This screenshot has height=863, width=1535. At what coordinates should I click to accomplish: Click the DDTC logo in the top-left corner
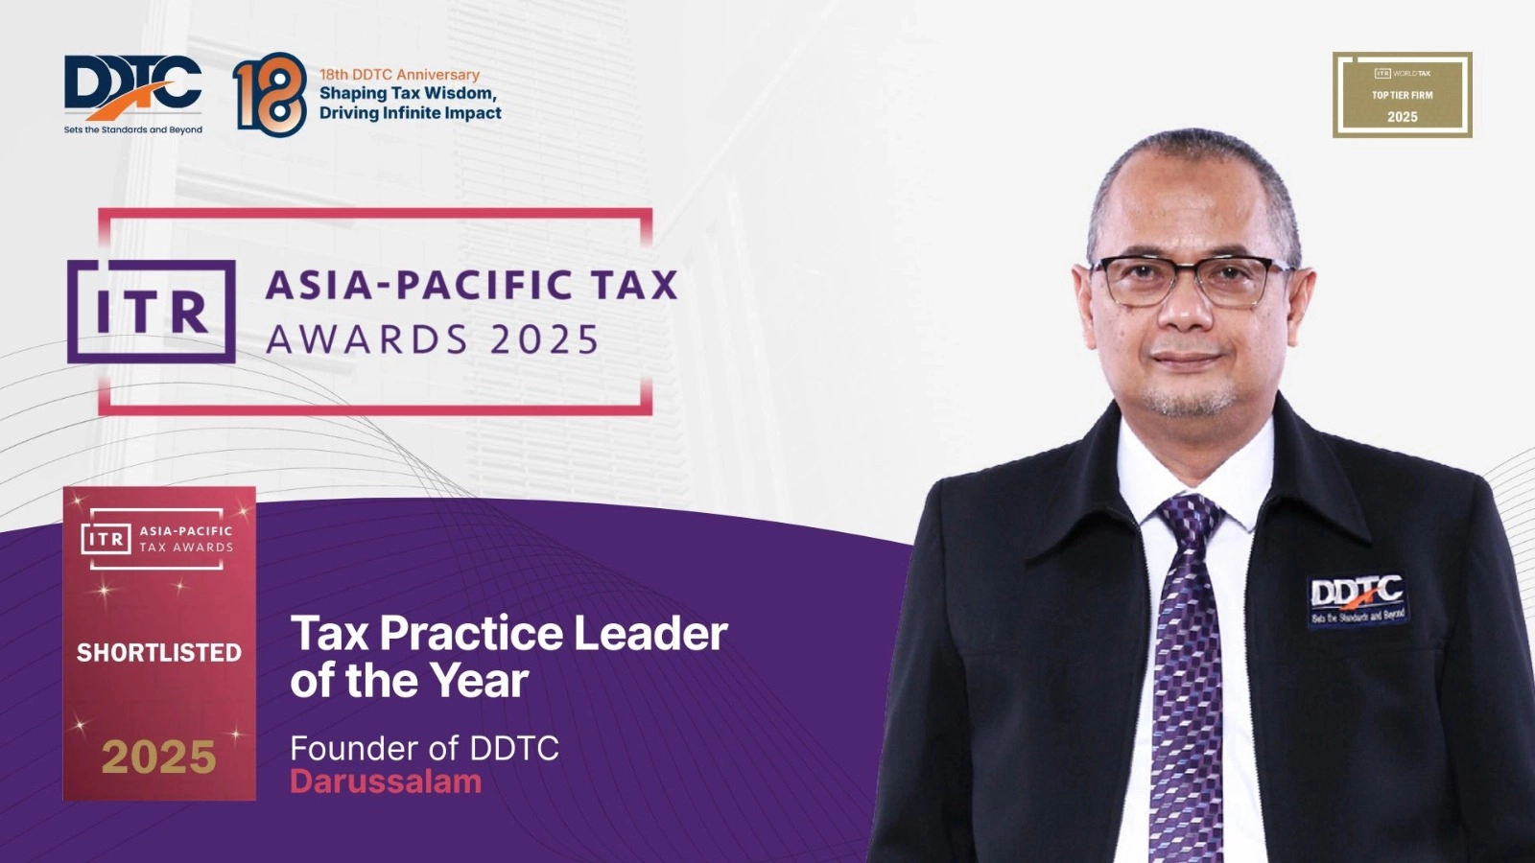(x=132, y=86)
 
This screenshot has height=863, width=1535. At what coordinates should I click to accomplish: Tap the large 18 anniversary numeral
(x=270, y=94)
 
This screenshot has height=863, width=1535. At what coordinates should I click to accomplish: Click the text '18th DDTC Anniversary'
(x=399, y=74)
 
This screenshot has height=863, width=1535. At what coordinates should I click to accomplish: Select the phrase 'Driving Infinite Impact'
(x=410, y=113)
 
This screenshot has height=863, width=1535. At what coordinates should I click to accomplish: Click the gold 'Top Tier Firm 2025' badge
(x=1402, y=95)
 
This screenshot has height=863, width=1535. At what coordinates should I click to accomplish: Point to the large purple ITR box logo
(x=152, y=312)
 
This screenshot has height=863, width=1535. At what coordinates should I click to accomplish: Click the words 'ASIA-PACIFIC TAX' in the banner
(x=471, y=285)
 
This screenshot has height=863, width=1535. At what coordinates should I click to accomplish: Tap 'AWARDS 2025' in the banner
(x=433, y=339)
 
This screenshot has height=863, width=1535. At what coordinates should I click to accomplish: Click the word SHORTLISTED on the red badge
(x=159, y=653)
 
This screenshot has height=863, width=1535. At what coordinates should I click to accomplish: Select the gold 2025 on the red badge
(x=159, y=758)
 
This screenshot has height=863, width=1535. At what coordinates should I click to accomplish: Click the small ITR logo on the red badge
(x=106, y=539)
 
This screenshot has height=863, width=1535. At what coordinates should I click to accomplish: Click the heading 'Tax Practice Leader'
(x=508, y=633)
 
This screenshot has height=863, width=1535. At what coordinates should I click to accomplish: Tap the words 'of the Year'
(x=409, y=681)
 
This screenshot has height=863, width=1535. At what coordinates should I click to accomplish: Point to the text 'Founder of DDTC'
(x=424, y=748)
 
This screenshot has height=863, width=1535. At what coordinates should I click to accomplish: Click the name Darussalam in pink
(x=386, y=781)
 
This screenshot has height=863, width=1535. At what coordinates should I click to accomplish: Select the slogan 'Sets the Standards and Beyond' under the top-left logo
(x=132, y=129)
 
